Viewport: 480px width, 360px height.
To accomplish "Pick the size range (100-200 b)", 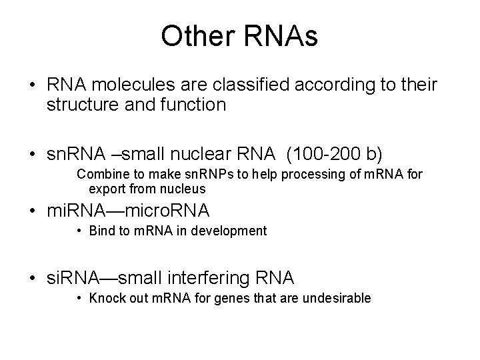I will click(x=335, y=155).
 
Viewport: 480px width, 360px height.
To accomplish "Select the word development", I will click(x=233, y=231).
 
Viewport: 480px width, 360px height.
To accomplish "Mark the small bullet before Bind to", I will click(x=79, y=231).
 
